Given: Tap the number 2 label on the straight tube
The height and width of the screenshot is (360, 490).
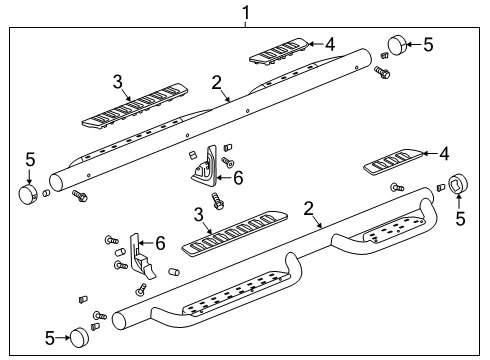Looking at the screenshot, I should point(215,83).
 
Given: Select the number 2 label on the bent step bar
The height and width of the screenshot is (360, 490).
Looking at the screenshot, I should point(309,208).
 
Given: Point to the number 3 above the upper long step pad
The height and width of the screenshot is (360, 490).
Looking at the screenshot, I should point(117,82).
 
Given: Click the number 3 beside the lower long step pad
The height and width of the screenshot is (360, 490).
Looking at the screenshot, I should point(198,213).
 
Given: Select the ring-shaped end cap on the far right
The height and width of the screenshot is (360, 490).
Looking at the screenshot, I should point(458,184).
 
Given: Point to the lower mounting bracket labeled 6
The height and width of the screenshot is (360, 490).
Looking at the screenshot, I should point(139,255).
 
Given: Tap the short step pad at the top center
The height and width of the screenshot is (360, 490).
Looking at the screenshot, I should point(279,52).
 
